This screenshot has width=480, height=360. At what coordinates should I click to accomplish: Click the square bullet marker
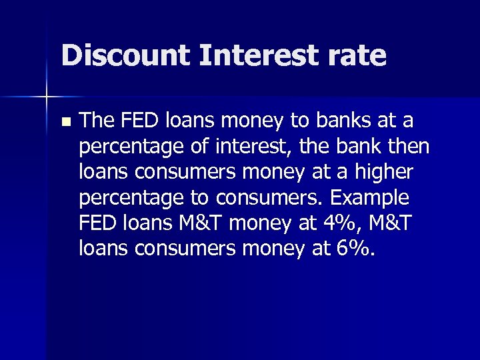click(x=65, y=122)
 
